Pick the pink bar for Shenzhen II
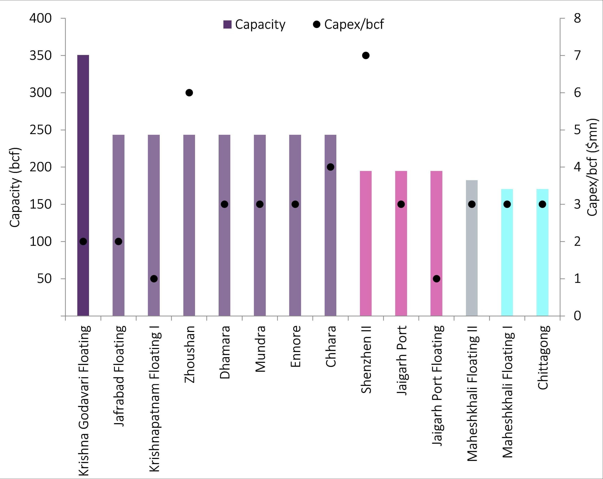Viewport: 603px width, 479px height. click(x=366, y=243)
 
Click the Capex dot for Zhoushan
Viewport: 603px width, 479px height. click(x=189, y=93)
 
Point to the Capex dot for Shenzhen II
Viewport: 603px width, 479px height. click(x=366, y=55)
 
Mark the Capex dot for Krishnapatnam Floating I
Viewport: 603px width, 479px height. click(x=154, y=279)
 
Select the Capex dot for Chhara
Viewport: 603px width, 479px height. click(x=330, y=167)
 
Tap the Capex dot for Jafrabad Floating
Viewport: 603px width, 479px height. click(x=118, y=242)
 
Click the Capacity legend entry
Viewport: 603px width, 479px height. click(x=255, y=25)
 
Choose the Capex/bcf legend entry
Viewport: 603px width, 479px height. click(x=348, y=25)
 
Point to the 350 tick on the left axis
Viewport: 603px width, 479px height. click(x=41, y=55)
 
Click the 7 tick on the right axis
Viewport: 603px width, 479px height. click(x=577, y=55)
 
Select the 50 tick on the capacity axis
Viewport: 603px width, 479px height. click(x=45, y=279)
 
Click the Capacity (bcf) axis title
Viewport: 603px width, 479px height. click(x=15, y=187)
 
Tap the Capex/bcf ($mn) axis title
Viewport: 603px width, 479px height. click(x=592, y=167)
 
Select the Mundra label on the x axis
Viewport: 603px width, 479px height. click(x=260, y=349)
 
